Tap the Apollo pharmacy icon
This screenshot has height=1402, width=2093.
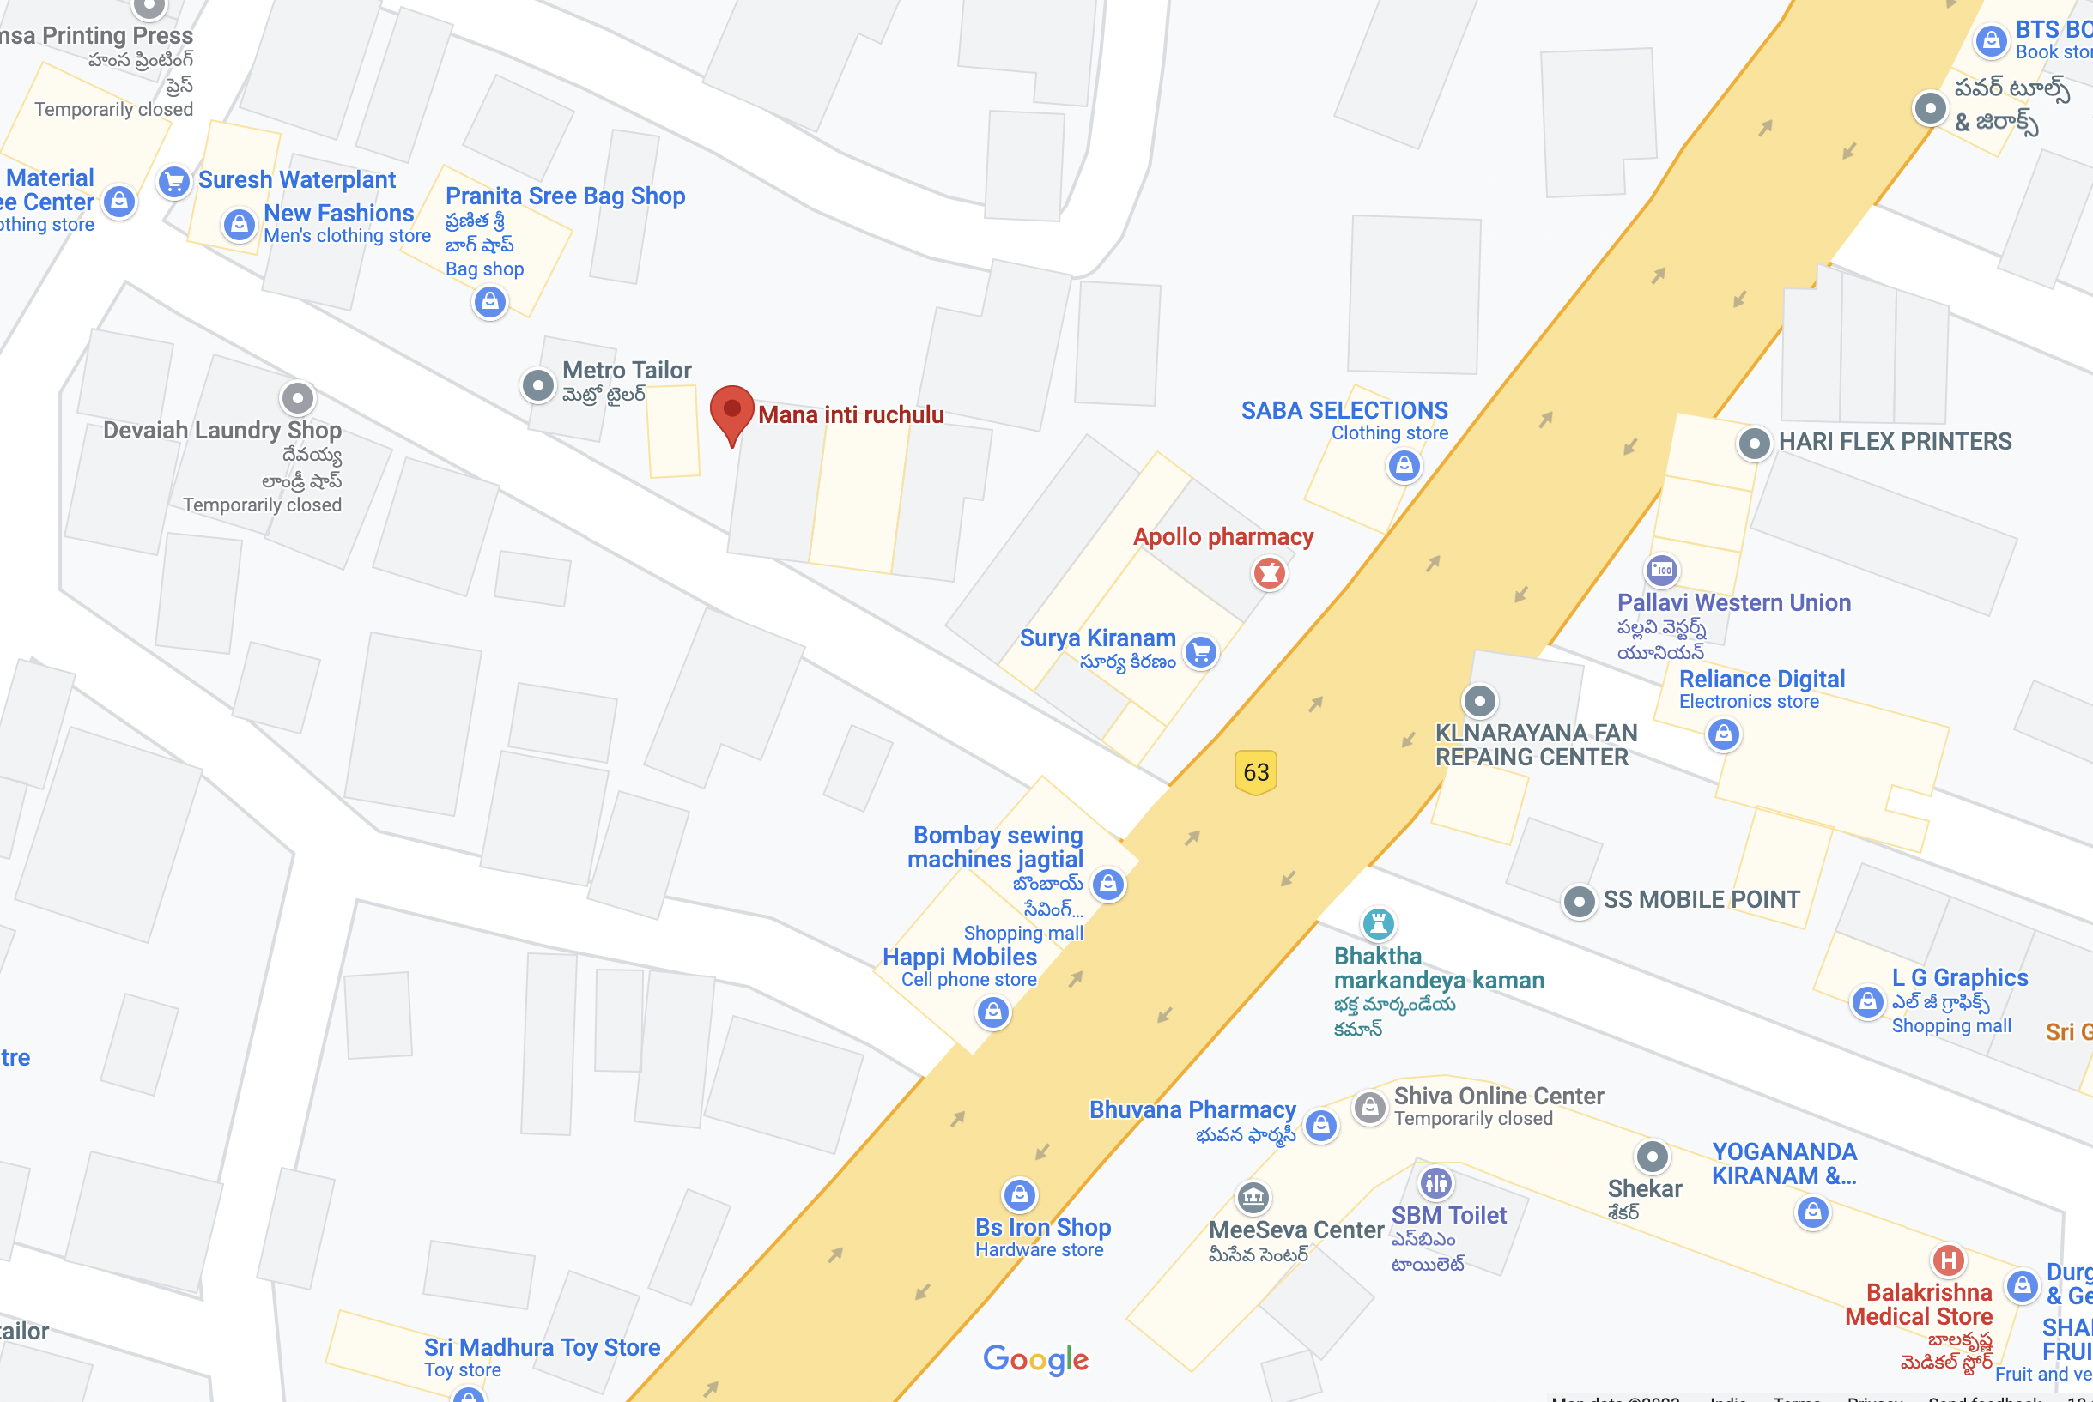[1269, 572]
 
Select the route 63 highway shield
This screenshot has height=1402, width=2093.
[1256, 771]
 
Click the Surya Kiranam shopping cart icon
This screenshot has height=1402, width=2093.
[1201, 652]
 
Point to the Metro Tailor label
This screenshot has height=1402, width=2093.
[626, 370]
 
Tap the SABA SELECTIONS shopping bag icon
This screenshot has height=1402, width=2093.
[1404, 465]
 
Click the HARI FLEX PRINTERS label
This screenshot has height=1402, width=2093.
[1895, 442]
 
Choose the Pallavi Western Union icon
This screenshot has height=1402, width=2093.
[1662, 570]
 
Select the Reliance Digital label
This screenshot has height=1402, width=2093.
[1761, 680]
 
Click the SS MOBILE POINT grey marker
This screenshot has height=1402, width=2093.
[1579, 901]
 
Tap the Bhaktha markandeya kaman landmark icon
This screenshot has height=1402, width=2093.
[1377, 922]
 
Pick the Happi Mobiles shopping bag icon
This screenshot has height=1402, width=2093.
[992, 1012]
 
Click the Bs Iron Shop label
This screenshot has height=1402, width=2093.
[1043, 1228]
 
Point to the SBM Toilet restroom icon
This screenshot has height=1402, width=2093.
[1435, 1183]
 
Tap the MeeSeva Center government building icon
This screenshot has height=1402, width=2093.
[1253, 1196]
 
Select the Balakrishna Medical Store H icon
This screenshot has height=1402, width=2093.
[1948, 1260]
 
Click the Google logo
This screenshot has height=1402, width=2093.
[1035, 1360]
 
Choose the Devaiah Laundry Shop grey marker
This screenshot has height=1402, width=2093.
[298, 397]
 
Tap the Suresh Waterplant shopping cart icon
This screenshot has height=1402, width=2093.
[173, 182]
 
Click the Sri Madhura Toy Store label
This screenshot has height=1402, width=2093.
[542, 1347]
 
